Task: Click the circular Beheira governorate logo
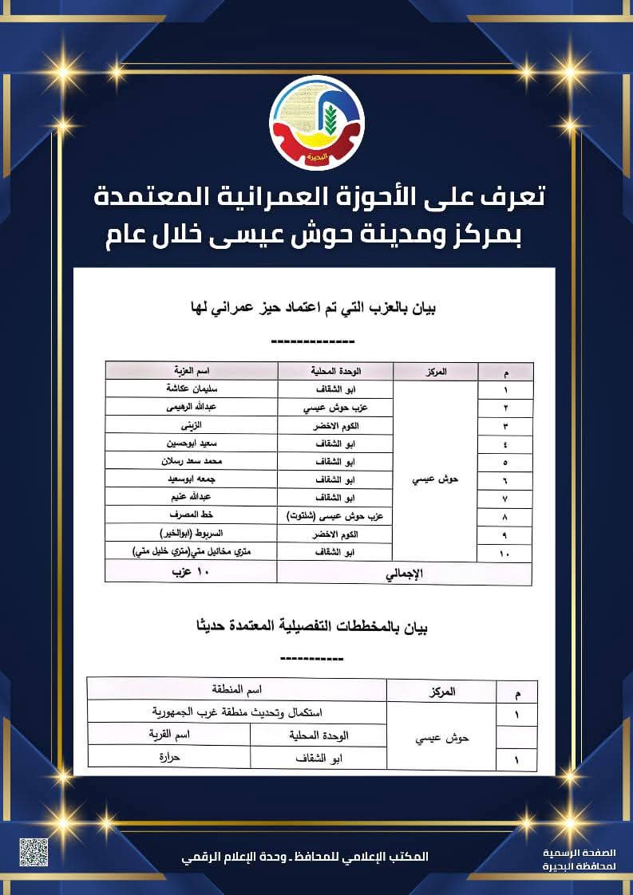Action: coord(317,123)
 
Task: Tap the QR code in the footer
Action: coord(34,852)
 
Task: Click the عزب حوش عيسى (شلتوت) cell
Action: coord(335,516)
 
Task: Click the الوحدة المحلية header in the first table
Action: coord(335,372)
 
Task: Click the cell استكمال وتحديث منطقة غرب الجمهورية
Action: coord(236,712)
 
